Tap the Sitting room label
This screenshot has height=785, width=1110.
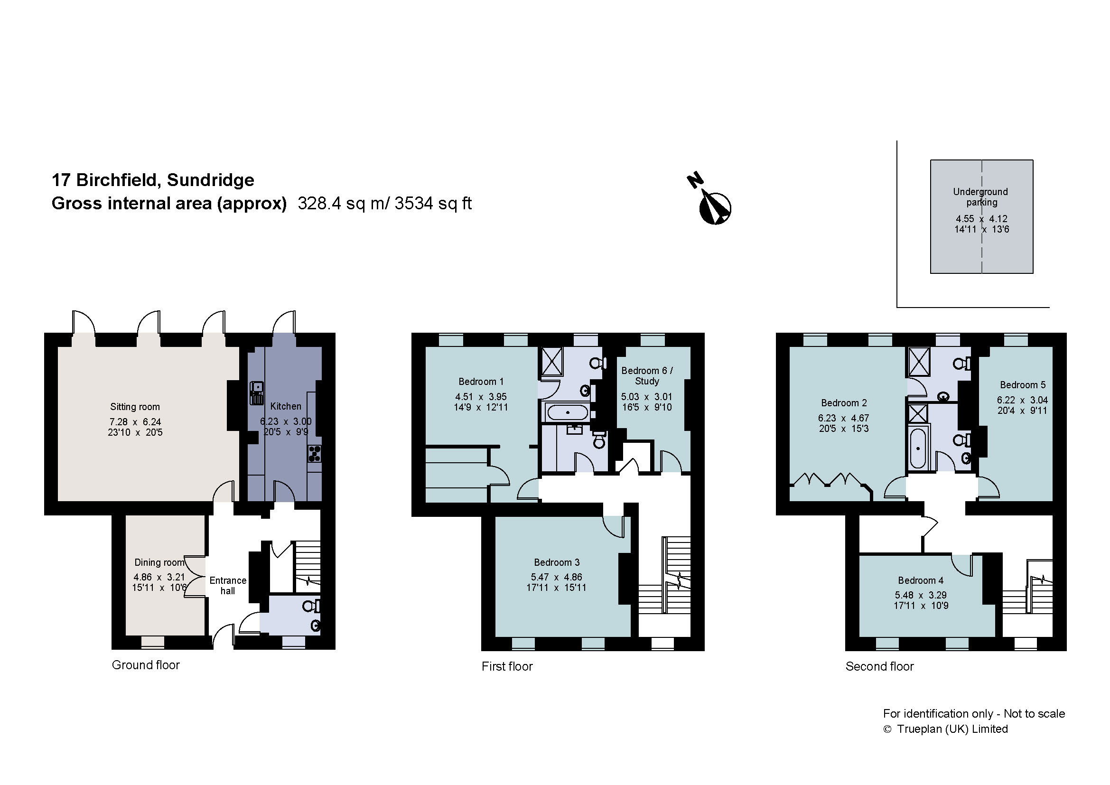(x=135, y=407)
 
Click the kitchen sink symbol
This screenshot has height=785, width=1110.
(x=257, y=392)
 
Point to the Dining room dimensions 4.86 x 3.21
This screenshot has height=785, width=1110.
(x=159, y=577)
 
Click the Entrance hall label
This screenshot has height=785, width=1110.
(x=228, y=585)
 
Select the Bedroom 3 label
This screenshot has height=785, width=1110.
(x=557, y=562)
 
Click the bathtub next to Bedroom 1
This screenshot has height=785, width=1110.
(x=567, y=412)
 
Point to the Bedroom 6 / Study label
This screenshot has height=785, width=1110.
(x=647, y=375)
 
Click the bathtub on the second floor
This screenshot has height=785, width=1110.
(x=918, y=448)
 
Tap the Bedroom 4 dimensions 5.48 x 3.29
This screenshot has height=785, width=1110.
(x=921, y=595)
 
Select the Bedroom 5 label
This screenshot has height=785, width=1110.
(x=1023, y=385)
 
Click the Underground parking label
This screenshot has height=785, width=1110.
(x=981, y=197)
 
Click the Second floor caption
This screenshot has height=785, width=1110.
(x=879, y=666)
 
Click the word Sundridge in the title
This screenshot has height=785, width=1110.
(x=210, y=180)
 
